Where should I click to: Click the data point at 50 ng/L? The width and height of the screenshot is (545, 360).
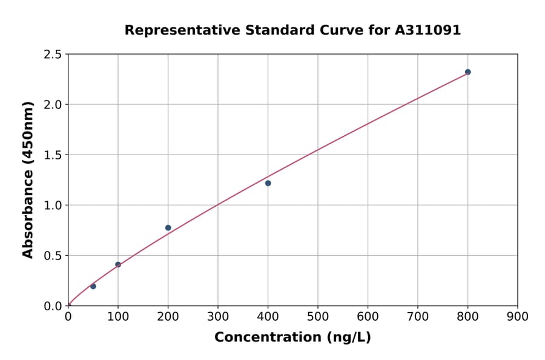93,286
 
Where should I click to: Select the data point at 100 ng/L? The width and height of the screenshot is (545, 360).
118,264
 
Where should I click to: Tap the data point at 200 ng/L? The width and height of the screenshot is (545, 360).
168,228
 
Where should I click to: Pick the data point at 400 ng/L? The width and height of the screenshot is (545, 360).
268,183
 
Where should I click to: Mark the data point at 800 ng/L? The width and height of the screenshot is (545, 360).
467,72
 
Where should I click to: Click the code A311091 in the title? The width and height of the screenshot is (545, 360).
429,30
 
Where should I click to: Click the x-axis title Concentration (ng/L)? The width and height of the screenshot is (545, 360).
292,338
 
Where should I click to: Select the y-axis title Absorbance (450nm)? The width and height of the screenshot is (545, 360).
28,179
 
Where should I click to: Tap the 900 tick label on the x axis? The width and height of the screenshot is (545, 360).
518,316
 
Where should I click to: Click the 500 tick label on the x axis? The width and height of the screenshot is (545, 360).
318,316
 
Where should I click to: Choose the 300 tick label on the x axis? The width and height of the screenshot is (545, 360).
218,316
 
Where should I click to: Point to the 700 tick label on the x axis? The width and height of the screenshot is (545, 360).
418,316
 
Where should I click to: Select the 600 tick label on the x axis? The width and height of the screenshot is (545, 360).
368,316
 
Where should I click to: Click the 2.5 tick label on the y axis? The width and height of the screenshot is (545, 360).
53,55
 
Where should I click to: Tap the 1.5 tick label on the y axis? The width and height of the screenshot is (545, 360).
53,155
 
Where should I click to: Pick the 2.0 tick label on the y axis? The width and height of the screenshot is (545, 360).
53,104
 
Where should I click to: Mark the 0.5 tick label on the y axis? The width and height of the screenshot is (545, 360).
53,255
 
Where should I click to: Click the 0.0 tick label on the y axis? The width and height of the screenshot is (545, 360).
53,305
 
